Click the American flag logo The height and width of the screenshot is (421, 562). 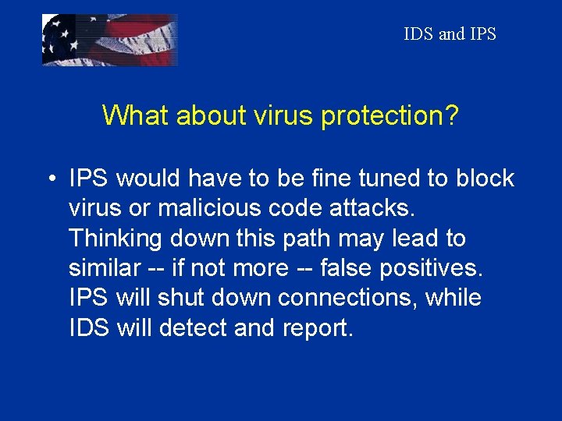click(109, 40)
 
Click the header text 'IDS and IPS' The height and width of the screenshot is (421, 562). click(450, 34)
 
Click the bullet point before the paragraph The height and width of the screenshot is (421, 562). click(49, 179)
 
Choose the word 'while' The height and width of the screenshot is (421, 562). click(454, 298)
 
